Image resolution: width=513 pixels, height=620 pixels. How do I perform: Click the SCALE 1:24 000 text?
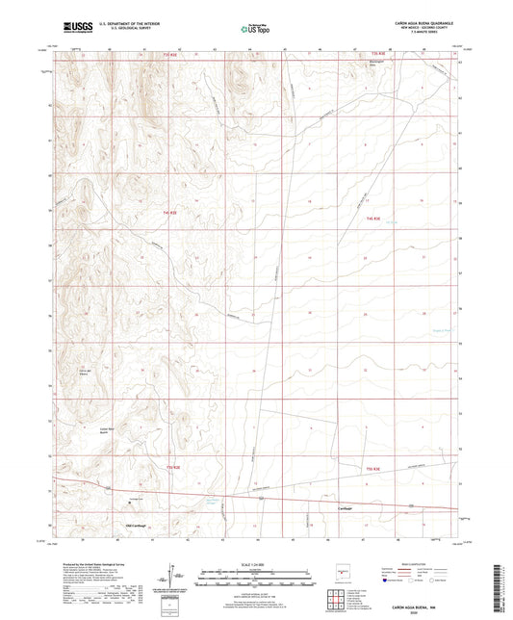tap(255, 564)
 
